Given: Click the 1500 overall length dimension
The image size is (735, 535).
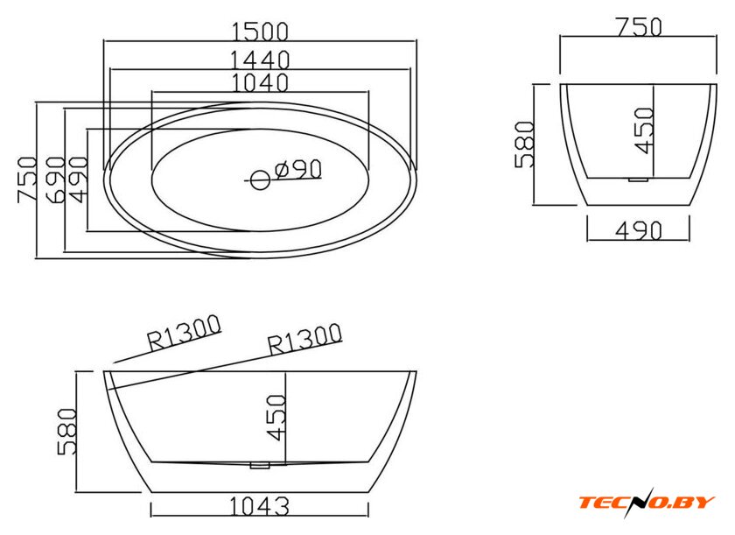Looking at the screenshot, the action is (260, 32).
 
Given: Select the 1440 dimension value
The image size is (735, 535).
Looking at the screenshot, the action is (260, 60).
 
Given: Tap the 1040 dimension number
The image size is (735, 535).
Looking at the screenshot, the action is (260, 82).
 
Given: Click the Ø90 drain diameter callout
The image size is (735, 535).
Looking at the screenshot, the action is (298, 169).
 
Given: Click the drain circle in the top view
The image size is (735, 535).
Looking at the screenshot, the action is (260, 180).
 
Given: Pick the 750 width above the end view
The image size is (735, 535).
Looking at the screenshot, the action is (639, 27).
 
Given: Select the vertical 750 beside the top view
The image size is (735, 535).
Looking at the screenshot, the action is (27, 180).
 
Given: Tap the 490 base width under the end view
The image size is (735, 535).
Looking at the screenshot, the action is (639, 230).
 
